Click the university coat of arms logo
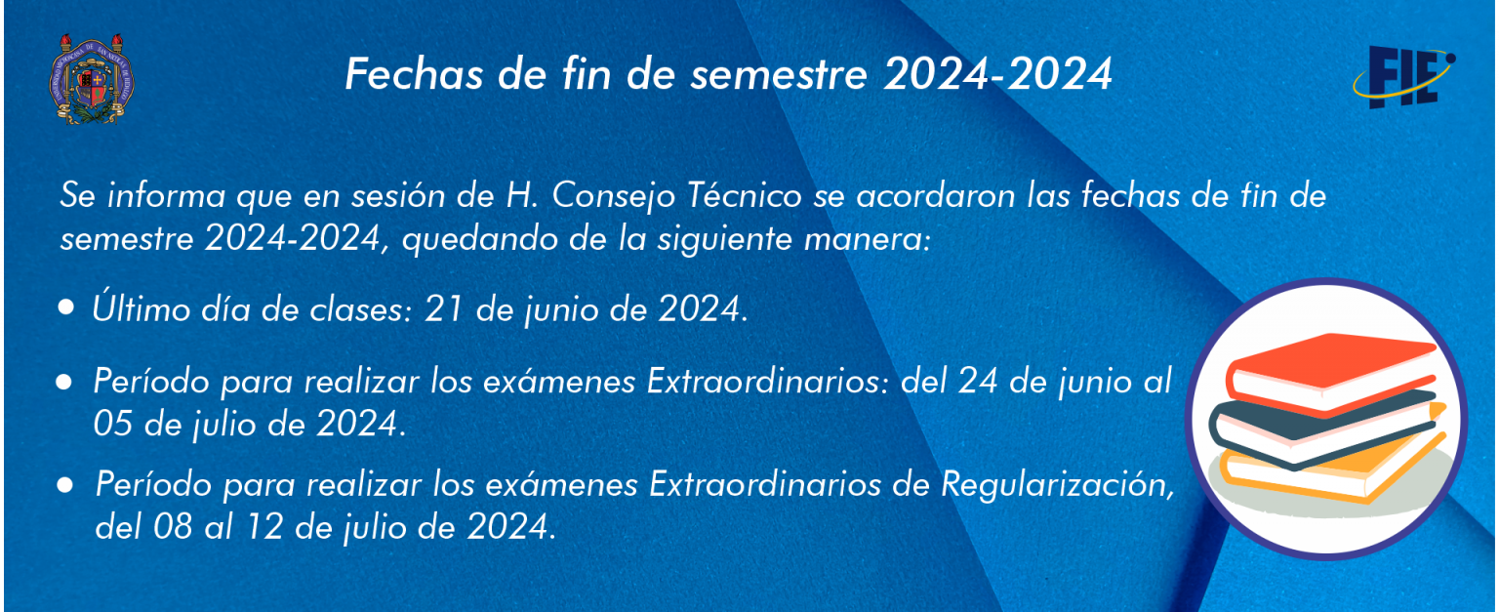pyautogui.click(x=92, y=79)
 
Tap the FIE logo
pyautogui.click(x=1403, y=77)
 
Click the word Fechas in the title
pyautogui.click(x=414, y=73)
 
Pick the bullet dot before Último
pyautogui.click(x=65, y=307)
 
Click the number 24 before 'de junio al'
pyautogui.click(x=978, y=382)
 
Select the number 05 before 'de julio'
pyautogui.click(x=112, y=425)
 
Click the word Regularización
pyautogui.click(x=1058, y=485)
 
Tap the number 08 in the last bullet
pyautogui.click(x=174, y=527)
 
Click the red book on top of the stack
pyautogui.click(x=1332, y=372)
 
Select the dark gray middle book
pyautogui.click(x=1321, y=429)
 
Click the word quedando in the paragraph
pyautogui.click(x=478, y=240)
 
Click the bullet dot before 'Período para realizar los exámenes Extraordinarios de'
pyautogui.click(x=65, y=485)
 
